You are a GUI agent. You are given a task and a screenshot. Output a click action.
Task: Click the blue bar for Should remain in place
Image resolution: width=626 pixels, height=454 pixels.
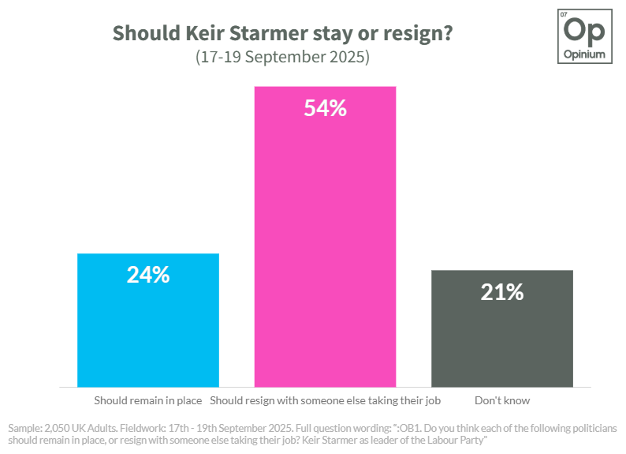(x=148, y=320)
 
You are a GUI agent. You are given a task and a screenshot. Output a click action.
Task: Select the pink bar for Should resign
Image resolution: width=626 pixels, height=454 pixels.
(x=326, y=237)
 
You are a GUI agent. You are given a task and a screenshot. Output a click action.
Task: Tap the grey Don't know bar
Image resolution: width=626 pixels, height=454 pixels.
(x=502, y=328)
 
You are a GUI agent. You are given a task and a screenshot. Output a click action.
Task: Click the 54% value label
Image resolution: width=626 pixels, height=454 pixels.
(x=326, y=108)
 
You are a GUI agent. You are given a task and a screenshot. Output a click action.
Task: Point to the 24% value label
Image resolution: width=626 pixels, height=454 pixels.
(x=148, y=275)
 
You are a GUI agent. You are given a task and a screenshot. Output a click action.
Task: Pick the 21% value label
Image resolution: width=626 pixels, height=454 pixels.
(x=502, y=292)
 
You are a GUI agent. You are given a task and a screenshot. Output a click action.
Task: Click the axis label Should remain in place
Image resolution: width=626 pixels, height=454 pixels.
(x=148, y=400)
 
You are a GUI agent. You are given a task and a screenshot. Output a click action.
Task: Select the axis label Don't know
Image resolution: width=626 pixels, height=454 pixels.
(x=502, y=400)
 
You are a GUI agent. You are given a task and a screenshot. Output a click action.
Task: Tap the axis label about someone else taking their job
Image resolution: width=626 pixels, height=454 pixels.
(x=326, y=401)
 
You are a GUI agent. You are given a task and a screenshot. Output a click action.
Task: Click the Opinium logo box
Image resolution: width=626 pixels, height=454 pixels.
(x=585, y=36)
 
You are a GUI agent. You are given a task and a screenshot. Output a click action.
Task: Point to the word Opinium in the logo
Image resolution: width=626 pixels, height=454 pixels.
(x=584, y=54)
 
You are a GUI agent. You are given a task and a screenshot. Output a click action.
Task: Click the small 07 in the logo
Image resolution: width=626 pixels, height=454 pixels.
(x=564, y=15)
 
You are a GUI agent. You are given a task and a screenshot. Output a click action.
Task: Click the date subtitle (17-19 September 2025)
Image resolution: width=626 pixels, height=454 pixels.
(x=283, y=57)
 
